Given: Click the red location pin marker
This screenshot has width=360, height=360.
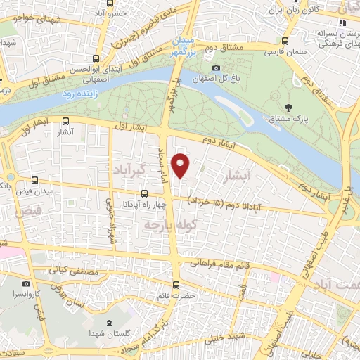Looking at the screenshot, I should click(x=181, y=166).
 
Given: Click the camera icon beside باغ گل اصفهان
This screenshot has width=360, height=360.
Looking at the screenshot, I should click(x=216, y=67).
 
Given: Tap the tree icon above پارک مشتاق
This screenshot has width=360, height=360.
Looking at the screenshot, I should click(x=288, y=108).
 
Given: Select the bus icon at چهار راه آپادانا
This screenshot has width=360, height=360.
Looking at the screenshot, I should click(x=143, y=193).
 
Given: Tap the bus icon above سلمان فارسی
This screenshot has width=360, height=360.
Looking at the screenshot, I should click(x=285, y=41).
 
